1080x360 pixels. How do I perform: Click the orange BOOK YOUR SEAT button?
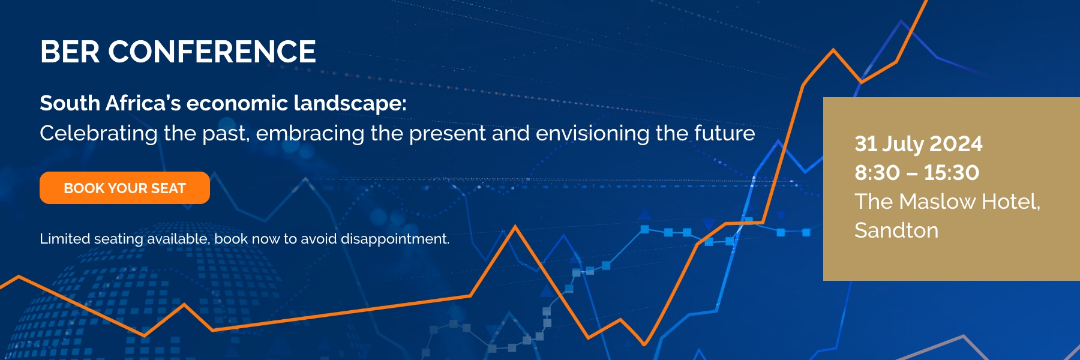pos(125,188)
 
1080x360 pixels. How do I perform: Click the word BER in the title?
pos(70,52)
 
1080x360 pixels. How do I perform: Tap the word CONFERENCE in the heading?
pos(212,52)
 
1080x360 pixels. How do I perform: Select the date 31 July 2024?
pos(919,144)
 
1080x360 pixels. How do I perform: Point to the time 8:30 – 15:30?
pos(917,173)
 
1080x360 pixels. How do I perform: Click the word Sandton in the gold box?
pos(896,230)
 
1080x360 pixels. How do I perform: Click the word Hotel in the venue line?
pos(1011,202)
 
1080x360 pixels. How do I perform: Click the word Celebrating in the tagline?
pos(99,133)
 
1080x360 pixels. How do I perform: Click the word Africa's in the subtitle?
pos(143,103)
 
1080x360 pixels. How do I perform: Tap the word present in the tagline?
pos(448,134)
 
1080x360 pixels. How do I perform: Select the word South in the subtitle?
pos(70,103)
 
